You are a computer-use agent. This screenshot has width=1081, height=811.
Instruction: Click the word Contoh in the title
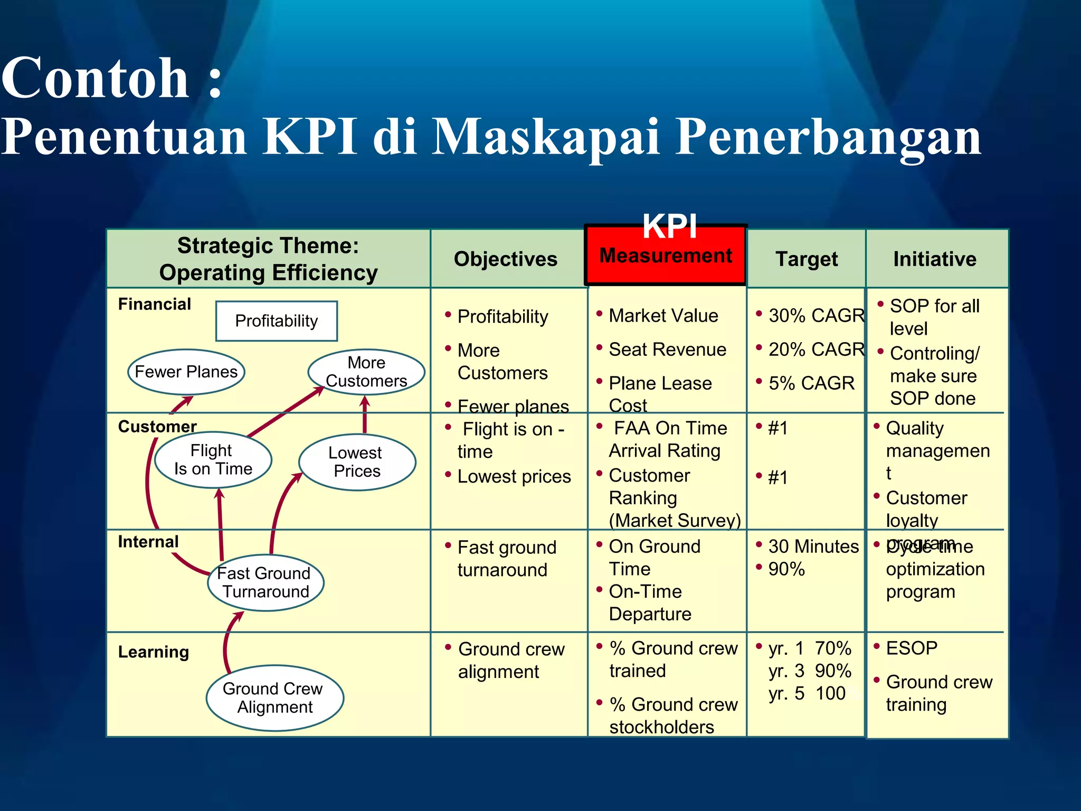point(95,79)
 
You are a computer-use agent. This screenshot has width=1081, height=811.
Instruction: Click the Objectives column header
point(505,259)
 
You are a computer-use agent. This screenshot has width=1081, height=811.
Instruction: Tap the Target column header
point(806,259)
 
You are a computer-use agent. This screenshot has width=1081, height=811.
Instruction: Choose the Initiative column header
point(934,259)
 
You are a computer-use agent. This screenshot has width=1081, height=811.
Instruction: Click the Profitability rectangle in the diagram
point(276,321)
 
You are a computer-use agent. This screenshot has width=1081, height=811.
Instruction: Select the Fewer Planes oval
point(186,372)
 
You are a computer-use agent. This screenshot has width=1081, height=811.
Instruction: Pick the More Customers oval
point(366,372)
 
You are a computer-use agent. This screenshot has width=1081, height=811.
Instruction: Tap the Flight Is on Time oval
point(213,460)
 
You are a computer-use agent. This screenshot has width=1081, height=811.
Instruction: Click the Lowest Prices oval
point(357,462)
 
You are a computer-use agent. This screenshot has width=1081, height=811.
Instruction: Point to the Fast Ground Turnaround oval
point(265,582)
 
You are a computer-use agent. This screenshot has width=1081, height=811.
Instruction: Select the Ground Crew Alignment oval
point(274,697)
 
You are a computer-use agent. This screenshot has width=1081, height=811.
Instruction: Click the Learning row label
point(153,652)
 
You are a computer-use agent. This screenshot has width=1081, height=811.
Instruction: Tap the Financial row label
point(154,304)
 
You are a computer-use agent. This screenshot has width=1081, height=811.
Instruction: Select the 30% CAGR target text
point(816,316)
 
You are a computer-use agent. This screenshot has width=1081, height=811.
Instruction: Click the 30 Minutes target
point(813,546)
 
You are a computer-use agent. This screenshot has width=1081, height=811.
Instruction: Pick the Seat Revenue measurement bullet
point(667,350)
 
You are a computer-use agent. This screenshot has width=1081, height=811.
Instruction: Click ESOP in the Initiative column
point(912,648)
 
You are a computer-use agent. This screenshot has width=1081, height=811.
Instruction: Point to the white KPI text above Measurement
point(669,226)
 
